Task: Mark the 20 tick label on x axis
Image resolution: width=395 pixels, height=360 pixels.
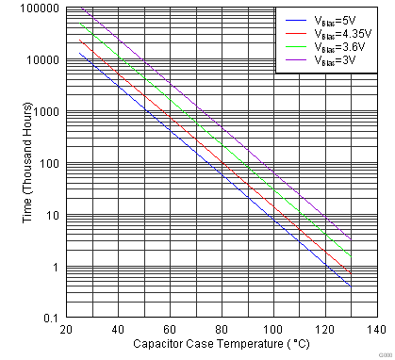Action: [x=66, y=330]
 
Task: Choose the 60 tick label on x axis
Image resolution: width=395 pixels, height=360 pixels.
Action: [x=170, y=330]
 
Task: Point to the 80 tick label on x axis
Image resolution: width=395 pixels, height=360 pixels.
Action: [x=222, y=330]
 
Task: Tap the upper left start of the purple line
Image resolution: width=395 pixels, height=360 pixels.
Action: [x=81, y=8]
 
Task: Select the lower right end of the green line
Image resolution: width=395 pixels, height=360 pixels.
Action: [x=351, y=256]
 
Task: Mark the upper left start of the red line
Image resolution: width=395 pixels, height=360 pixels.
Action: [x=81, y=41]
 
